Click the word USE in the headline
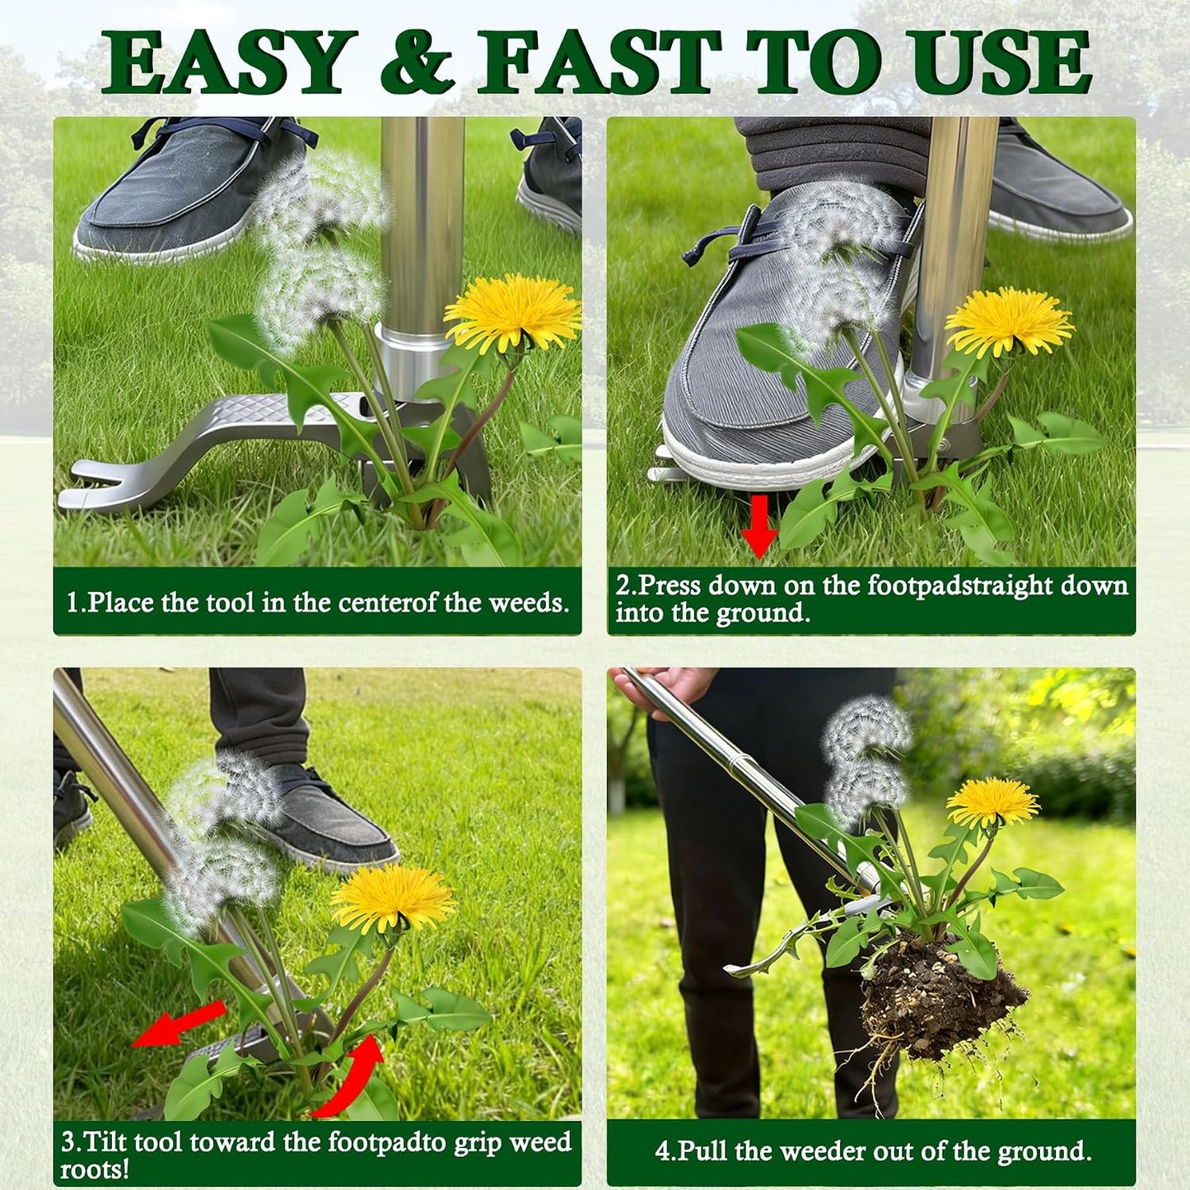pyautogui.click(x=996, y=62)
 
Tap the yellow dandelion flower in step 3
pyautogui.click(x=394, y=897)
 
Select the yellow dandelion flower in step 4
pyautogui.click(x=993, y=802)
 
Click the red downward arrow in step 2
pyautogui.click(x=759, y=526)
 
